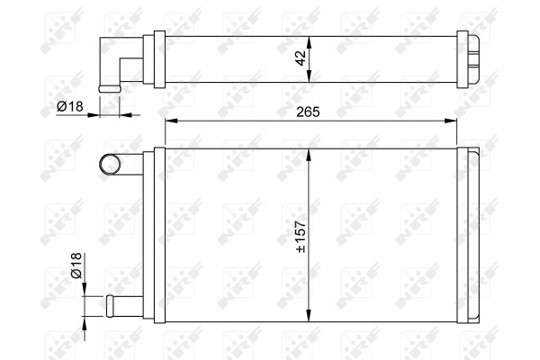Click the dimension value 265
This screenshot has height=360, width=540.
pyautogui.click(x=308, y=112)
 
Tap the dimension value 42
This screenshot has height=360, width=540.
pyautogui.click(x=301, y=58)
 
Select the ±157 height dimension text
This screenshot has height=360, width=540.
pyautogui.click(x=301, y=237)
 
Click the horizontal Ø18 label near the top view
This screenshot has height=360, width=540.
pyautogui.click(x=70, y=106)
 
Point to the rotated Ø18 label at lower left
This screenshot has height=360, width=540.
pyautogui.click(x=76, y=265)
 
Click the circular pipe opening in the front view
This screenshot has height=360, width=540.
pyautogui.click(x=110, y=164)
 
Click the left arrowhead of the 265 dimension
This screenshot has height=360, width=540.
pyautogui.click(x=171, y=121)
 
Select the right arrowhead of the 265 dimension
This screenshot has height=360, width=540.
pyautogui.click(x=451, y=121)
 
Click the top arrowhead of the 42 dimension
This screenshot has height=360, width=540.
pyautogui.click(x=309, y=42)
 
